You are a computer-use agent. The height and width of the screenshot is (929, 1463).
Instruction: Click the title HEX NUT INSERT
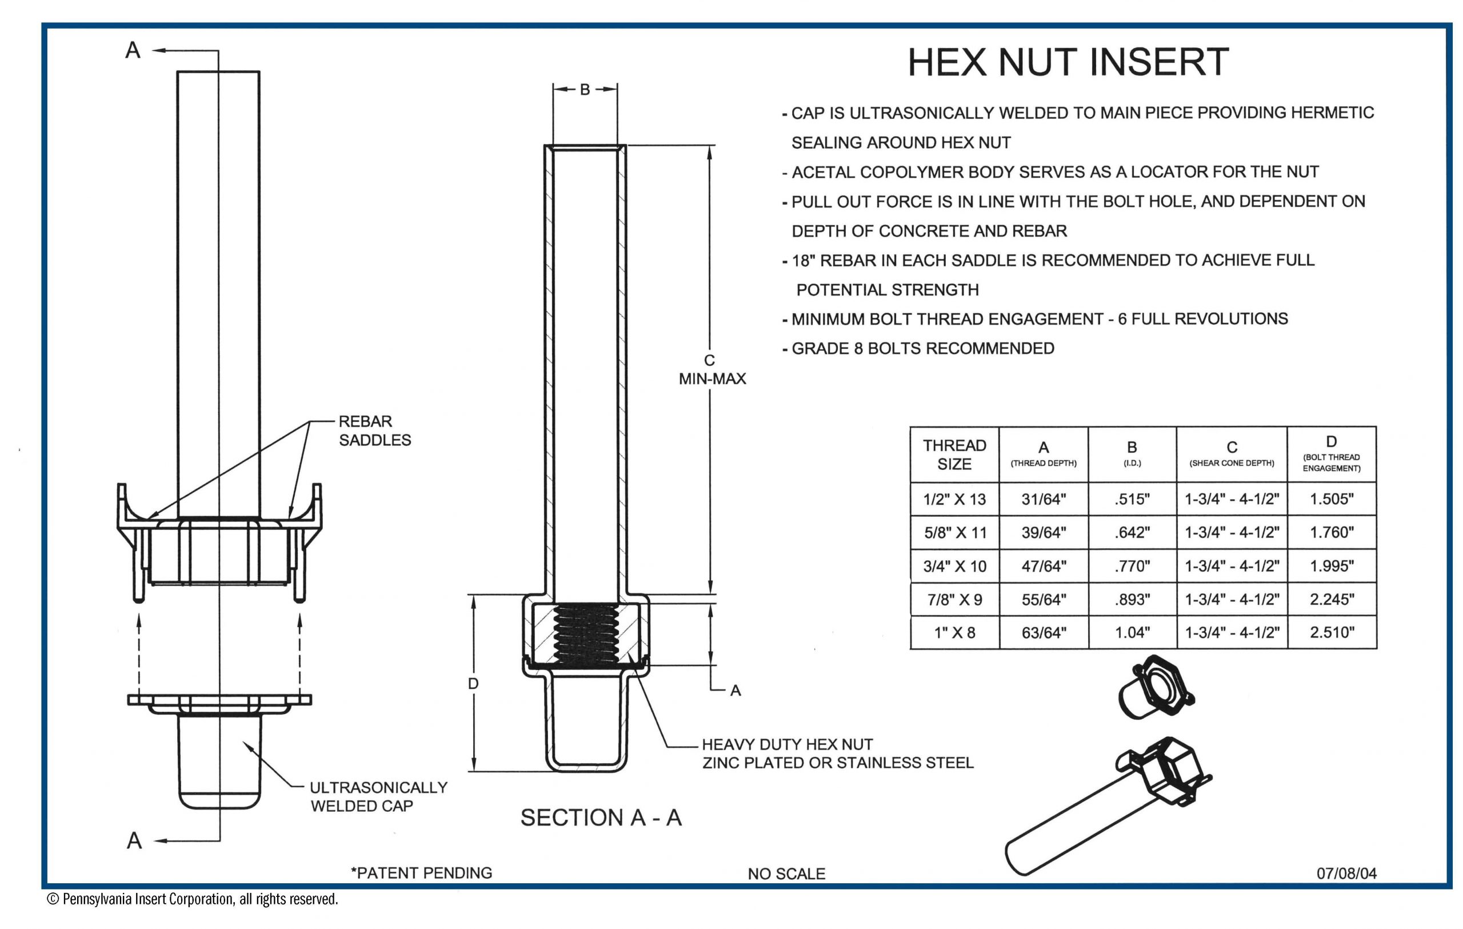coord(1068,62)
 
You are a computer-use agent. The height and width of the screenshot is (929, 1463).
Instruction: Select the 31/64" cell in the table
coord(1043,499)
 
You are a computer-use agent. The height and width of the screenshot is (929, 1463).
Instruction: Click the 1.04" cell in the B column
coord(1132,632)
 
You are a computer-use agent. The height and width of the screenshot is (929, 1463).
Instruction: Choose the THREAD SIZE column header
coord(954,454)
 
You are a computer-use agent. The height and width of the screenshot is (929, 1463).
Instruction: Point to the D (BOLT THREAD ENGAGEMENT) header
coord(1331,454)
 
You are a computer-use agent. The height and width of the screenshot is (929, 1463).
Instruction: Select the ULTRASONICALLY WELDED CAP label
coord(378,796)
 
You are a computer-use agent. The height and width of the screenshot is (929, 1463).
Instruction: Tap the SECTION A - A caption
coord(601,818)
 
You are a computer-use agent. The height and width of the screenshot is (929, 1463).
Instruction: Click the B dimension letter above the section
coord(585,90)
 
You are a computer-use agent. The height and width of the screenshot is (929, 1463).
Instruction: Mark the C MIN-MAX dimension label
coord(711,369)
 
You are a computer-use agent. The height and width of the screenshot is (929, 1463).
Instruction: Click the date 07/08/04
coord(1346,873)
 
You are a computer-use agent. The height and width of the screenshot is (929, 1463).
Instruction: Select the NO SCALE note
coord(786,874)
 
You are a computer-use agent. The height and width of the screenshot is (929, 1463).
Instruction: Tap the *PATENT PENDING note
coord(421,873)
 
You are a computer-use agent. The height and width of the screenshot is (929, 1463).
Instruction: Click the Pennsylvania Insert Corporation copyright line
coord(192,899)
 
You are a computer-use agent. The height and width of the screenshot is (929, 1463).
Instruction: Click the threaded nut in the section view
coord(586,633)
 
